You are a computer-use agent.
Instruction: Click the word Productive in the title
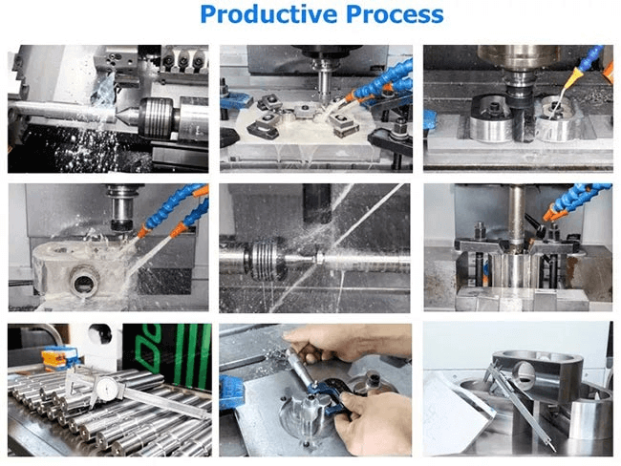[268, 14]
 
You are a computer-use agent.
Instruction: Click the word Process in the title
[395, 14]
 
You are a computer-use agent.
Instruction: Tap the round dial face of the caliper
[107, 389]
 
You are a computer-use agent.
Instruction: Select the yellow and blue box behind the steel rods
[59, 357]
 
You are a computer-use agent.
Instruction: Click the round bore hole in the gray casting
[84, 281]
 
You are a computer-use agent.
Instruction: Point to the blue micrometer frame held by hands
[330, 396]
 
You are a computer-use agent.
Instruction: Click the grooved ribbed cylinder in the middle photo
[264, 261]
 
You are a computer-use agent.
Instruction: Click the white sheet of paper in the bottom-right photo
[456, 412]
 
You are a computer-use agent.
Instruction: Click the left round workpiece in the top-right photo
[492, 118]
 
